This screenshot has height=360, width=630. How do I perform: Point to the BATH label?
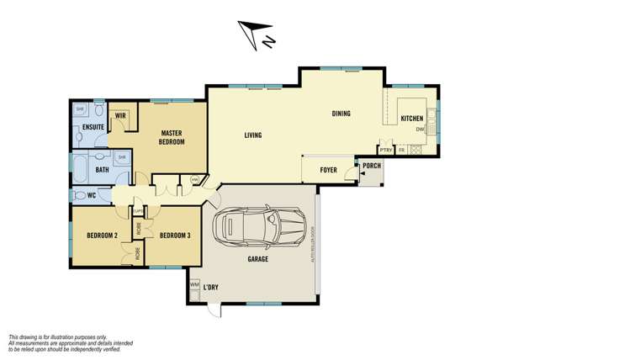[102, 170]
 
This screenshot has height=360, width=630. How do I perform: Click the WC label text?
[92, 197]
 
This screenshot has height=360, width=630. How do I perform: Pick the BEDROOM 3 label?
[174, 235]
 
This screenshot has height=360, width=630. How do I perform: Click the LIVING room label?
[252, 135]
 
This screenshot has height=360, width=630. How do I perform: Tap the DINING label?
[341, 114]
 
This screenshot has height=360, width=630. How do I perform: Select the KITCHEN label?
[412, 119]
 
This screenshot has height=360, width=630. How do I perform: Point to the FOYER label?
[329, 169]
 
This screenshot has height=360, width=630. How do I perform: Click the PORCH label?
[371, 166]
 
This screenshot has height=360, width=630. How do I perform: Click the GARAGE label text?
[257, 259]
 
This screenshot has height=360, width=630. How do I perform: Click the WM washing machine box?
[194, 285]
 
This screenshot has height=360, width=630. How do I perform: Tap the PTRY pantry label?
[385, 150]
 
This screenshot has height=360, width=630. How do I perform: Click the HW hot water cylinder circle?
[194, 179]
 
